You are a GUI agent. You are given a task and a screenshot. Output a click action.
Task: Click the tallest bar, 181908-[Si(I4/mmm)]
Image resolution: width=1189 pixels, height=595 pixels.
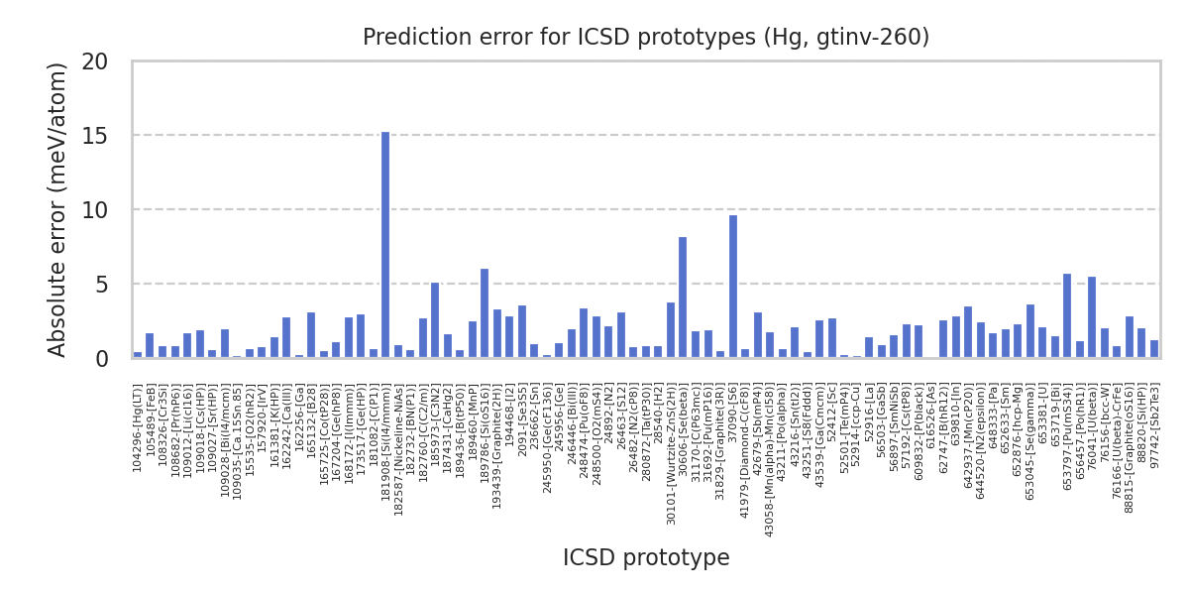pos(385,245)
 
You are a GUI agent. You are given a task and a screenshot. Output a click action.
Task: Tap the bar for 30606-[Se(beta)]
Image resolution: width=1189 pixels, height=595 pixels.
pos(683,297)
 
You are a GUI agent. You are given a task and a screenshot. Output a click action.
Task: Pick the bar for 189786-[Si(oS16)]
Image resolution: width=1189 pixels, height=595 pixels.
pos(485,313)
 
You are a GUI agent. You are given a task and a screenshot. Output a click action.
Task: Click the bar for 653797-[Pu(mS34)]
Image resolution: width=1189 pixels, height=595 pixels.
pos(1067,315)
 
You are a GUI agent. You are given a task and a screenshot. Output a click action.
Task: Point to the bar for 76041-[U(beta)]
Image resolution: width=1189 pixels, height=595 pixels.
pos(1092,317)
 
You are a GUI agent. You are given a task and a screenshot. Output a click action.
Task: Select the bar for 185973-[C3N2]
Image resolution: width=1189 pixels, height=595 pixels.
pos(435,320)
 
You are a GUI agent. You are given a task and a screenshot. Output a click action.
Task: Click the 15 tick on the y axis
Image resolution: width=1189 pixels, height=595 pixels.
pos(95,135)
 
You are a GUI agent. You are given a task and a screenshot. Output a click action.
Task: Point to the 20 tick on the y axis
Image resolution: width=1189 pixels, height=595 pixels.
pos(95,60)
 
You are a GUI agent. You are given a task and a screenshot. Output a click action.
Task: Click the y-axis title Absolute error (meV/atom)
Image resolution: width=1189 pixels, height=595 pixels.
pos(57,209)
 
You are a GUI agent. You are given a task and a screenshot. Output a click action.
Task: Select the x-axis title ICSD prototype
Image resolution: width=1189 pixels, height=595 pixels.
pos(646,557)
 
